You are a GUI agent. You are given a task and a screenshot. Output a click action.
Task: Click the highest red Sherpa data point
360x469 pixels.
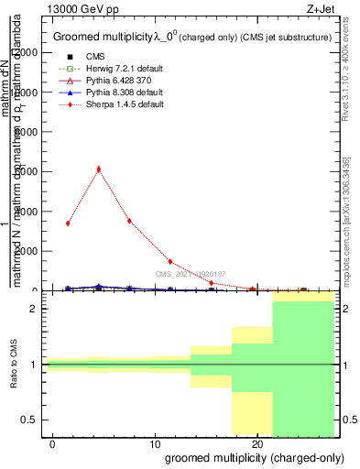pyautogui.click(x=99, y=169)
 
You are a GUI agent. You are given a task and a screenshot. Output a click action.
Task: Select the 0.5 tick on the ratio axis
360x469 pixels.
pyautogui.click(x=29, y=420)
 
